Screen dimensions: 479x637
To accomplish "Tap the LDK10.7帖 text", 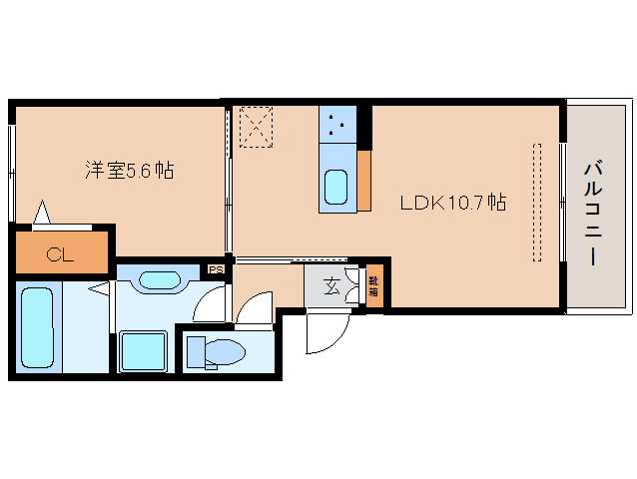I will point(452,203).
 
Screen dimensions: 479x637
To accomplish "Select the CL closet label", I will point(60,254).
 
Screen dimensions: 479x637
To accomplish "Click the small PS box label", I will point(215,268).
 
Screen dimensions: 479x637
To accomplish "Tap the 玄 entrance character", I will point(329,289).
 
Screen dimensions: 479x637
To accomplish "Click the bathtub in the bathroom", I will point(38,326).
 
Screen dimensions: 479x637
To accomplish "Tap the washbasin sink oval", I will point(160,279).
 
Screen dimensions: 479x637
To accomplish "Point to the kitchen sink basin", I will point(336,186).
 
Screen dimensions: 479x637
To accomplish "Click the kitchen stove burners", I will point(336,125).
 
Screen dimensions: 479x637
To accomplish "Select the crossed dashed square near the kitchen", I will point(256,127).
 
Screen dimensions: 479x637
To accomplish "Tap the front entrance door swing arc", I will point(323,335).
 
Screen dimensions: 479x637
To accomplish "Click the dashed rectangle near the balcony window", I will point(537,203).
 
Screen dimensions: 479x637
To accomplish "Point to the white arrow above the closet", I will point(42,213).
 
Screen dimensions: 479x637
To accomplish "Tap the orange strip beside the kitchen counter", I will point(364,181).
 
